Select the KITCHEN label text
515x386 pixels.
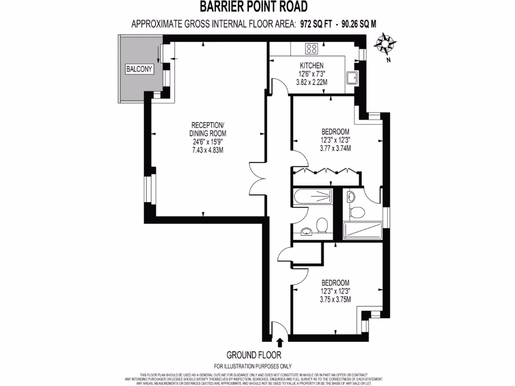311,66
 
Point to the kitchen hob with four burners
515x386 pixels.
311,49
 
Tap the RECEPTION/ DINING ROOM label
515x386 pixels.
207,129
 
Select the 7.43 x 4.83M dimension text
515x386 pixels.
207,150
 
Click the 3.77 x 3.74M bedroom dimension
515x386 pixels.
335,148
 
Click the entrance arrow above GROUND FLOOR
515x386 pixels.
279,343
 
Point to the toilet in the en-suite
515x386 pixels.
357,212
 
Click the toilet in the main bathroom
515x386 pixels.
322,224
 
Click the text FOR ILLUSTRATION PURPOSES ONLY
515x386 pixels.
252,366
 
